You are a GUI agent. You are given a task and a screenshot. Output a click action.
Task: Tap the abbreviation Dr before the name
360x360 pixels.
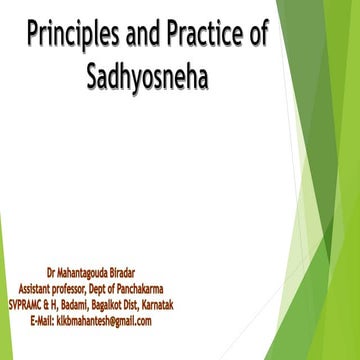click(x=52, y=271)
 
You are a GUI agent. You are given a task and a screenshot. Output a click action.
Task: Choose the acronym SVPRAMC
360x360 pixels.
click(x=30, y=296)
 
